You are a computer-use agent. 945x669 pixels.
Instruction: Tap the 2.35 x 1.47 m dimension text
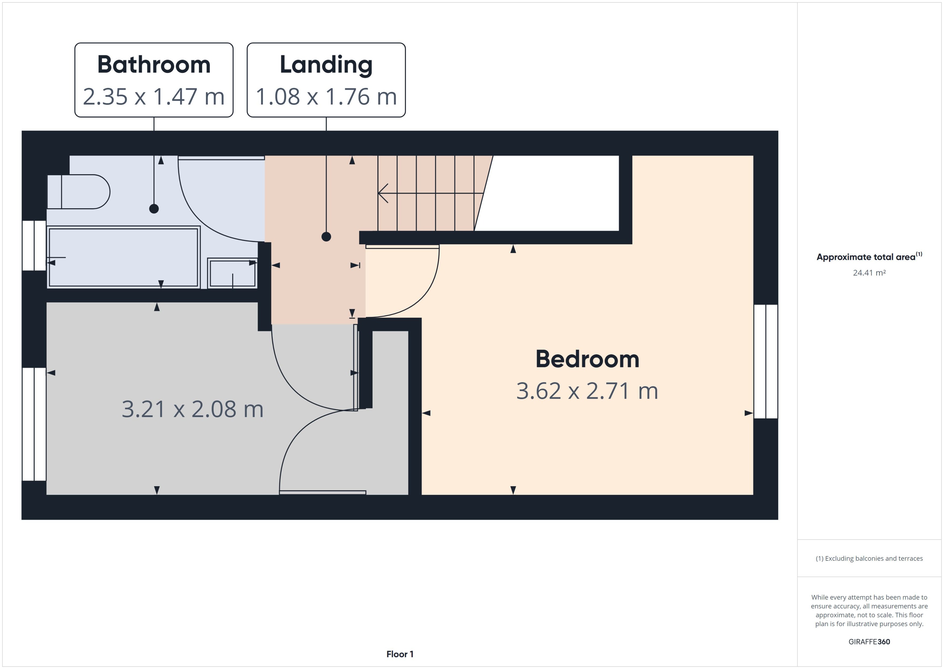click(x=154, y=97)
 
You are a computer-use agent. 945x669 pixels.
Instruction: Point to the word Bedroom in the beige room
click(x=587, y=359)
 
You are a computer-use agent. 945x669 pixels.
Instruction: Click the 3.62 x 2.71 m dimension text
click(x=587, y=391)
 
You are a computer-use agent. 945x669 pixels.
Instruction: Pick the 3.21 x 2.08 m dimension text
click(x=192, y=409)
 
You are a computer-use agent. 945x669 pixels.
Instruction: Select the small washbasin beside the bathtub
click(x=232, y=273)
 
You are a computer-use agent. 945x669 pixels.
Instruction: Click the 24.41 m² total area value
click(x=869, y=273)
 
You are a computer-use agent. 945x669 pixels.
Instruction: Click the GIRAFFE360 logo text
click(x=869, y=641)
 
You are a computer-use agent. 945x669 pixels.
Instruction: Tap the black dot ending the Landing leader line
click(x=326, y=237)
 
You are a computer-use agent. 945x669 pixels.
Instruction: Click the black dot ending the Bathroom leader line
click(x=154, y=209)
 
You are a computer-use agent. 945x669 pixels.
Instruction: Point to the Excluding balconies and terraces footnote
click(x=869, y=559)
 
